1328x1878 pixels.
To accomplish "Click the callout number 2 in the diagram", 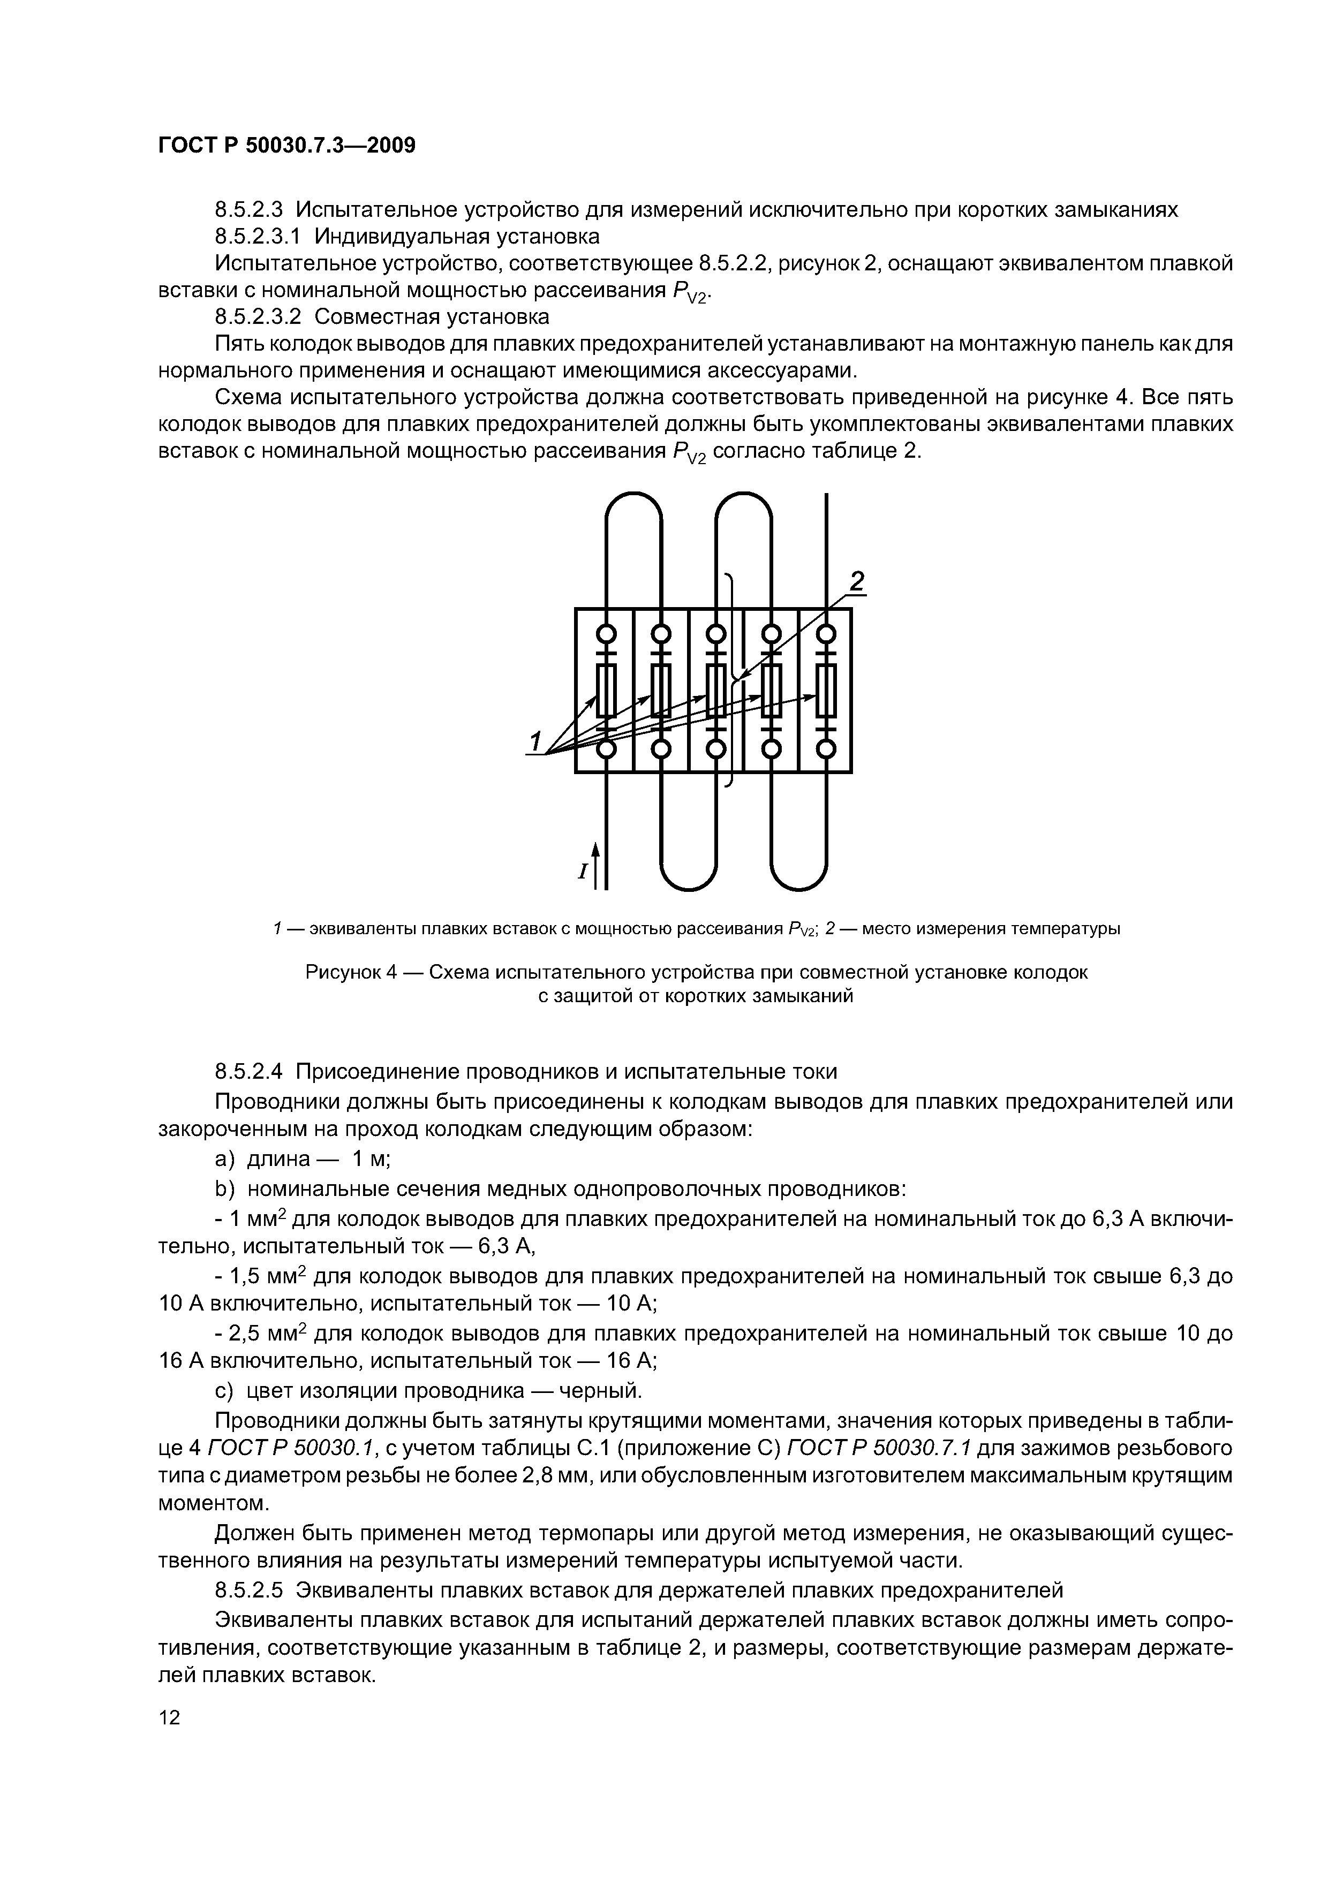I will pyautogui.click(x=856, y=581).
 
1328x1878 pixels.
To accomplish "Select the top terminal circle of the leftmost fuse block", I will pyautogui.click(x=606, y=634).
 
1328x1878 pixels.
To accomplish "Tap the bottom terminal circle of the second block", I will pyautogui.click(x=661, y=749).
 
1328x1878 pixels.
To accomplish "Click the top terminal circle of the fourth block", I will pyautogui.click(x=771, y=634).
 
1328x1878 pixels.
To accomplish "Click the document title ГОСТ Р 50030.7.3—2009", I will pyautogui.click(x=286, y=146).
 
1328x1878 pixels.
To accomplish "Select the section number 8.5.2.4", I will pyautogui.click(x=251, y=1072).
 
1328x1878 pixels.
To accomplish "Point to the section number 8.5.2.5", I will pyautogui.click(x=251, y=1591).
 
